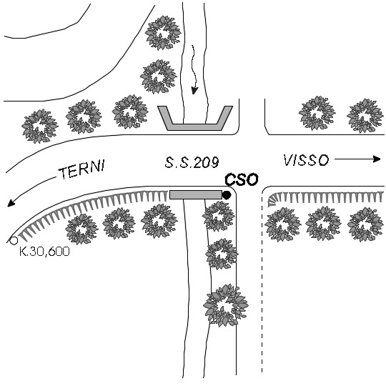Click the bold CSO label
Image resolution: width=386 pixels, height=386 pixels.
[x=242, y=179]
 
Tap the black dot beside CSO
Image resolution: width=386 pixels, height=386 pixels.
[x=227, y=195]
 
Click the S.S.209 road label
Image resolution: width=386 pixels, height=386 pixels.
[x=192, y=162]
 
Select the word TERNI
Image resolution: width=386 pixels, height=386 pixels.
[x=81, y=169]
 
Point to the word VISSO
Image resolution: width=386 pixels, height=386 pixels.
[x=306, y=160]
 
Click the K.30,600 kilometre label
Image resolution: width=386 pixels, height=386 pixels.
[x=44, y=252]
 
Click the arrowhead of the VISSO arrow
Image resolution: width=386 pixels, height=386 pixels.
[x=377, y=159]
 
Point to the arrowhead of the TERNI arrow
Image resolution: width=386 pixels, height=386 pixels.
[x=11, y=203]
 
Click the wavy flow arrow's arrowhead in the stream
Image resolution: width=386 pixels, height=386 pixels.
[x=194, y=91]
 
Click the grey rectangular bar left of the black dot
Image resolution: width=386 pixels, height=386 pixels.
[x=196, y=194]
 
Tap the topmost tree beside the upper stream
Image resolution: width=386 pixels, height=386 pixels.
[x=163, y=33]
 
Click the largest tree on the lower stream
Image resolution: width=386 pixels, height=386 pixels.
[x=225, y=305]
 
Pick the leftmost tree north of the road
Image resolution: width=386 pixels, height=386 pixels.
[x=39, y=126]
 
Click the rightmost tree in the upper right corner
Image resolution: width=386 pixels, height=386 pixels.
[x=365, y=116]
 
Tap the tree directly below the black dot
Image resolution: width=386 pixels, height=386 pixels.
[x=218, y=216]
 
